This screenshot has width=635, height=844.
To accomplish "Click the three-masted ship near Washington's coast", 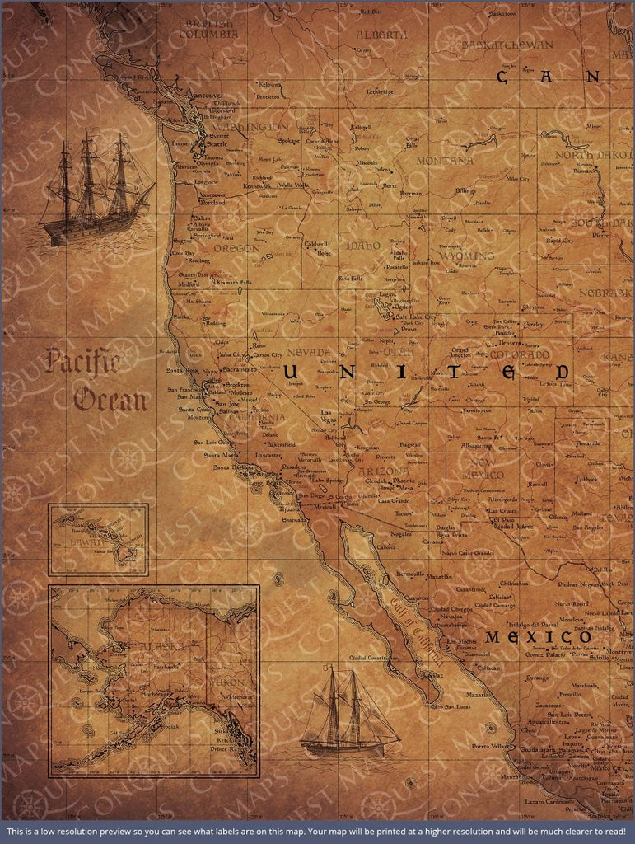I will [x=95, y=189].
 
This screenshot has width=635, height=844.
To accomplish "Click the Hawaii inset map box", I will [x=98, y=539].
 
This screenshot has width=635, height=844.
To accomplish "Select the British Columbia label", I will [x=211, y=29].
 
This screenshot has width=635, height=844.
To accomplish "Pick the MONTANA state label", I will [x=445, y=161].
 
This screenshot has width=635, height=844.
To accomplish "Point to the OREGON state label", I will [x=236, y=247].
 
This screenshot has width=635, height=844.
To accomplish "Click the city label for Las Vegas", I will [x=328, y=416].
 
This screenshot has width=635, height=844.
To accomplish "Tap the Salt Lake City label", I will [x=416, y=316].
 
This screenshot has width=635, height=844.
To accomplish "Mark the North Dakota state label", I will [x=592, y=155].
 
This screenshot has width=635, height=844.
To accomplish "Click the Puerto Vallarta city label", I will [x=492, y=746].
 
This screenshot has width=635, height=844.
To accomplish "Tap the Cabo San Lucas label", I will [x=449, y=706].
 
